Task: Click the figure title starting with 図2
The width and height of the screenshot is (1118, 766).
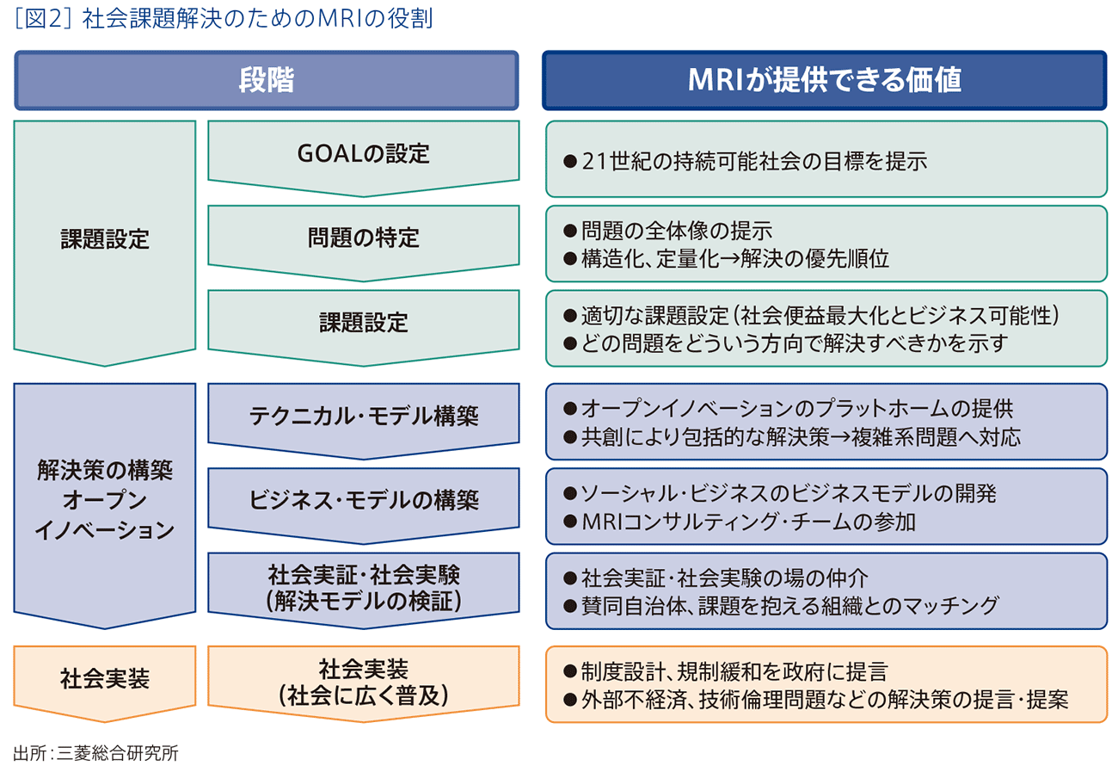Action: [224, 19]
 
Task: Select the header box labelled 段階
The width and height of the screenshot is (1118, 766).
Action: [266, 80]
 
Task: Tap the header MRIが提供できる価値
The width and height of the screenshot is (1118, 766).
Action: [824, 80]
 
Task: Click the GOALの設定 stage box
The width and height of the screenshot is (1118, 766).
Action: [362, 154]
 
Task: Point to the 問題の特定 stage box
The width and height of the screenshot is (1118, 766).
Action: [362, 238]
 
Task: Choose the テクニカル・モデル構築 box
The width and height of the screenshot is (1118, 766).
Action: [362, 416]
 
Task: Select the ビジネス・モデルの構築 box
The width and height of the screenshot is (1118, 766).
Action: [362, 500]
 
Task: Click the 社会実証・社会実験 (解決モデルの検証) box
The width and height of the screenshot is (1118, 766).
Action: [362, 587]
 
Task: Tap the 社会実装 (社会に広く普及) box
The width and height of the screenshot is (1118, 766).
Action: [362, 681]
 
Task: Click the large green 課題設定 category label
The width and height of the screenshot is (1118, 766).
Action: [105, 238]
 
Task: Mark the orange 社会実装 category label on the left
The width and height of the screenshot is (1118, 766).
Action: [105, 678]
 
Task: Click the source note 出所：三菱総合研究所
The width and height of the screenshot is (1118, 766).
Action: [95, 752]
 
